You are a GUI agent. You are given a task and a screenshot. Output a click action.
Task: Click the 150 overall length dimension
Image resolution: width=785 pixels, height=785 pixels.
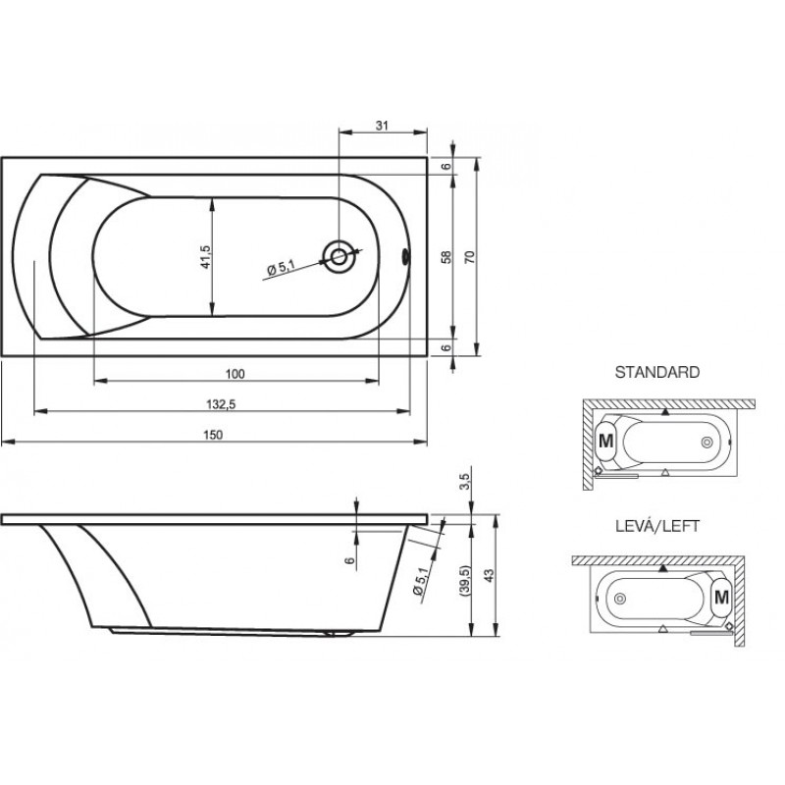(x=213, y=435)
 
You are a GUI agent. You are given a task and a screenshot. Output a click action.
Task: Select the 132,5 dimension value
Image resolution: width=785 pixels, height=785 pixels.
(x=221, y=404)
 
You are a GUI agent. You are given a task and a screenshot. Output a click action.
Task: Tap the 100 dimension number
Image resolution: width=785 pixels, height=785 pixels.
(x=235, y=374)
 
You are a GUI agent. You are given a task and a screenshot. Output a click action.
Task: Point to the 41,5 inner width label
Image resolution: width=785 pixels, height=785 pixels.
(x=206, y=257)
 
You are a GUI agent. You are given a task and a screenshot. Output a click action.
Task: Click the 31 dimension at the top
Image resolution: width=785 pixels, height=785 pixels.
(x=382, y=126)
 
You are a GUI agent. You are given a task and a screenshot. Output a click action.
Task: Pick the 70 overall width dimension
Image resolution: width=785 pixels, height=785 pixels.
(x=470, y=257)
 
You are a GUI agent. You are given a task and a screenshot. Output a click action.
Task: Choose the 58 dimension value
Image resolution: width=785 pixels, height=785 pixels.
(x=446, y=257)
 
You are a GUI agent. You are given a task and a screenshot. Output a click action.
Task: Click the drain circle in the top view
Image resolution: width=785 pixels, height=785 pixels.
(x=339, y=257)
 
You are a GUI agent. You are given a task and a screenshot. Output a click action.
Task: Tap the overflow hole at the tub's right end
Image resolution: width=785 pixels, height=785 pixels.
(x=405, y=257)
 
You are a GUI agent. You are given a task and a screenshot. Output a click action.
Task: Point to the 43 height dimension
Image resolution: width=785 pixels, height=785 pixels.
(x=489, y=575)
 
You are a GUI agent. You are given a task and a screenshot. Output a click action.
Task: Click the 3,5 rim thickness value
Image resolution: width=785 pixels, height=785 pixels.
(x=465, y=482)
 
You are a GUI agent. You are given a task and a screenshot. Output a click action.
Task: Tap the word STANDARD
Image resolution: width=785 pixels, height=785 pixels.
(x=656, y=373)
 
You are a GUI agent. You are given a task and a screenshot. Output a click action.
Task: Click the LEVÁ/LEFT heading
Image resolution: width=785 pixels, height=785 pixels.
(x=656, y=526)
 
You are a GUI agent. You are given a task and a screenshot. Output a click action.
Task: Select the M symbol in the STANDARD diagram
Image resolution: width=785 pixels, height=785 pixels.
(x=605, y=441)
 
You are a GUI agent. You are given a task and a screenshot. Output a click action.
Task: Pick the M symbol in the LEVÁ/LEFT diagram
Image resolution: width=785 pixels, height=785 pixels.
(x=721, y=597)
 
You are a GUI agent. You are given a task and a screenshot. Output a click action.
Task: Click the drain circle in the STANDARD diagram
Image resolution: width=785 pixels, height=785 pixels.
(x=706, y=443)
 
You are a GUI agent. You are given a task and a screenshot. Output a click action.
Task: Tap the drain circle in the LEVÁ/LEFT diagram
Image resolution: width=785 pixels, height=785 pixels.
(x=620, y=598)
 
